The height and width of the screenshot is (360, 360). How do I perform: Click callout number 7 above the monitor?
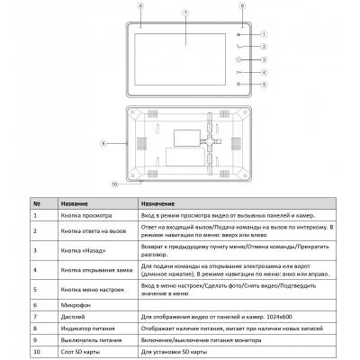point(185,12)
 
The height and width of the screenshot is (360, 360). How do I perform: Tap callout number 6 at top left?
point(140,5)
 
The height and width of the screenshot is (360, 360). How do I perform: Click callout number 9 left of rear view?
point(105,142)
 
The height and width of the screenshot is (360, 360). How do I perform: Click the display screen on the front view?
point(185,52)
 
